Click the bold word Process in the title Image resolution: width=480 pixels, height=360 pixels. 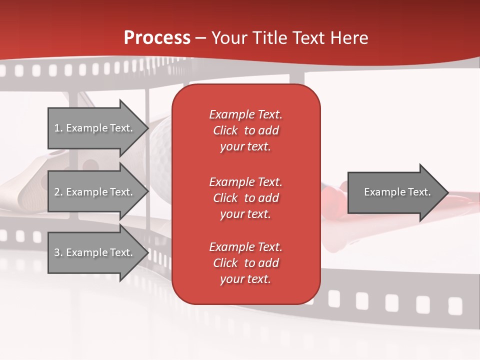[x=157, y=38]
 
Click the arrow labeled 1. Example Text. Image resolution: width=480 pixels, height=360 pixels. [x=95, y=128]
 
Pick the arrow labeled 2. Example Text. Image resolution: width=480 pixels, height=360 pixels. [x=95, y=192]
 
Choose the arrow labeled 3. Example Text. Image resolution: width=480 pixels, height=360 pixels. [x=95, y=252]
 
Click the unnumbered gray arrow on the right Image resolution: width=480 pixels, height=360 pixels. [x=395, y=192]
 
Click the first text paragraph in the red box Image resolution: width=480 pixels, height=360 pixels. [x=245, y=130]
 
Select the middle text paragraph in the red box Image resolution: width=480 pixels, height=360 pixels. [x=245, y=198]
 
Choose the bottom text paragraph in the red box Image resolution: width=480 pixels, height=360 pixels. [x=245, y=263]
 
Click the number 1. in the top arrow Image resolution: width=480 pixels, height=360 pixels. [x=58, y=128]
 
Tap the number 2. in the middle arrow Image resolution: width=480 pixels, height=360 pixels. [x=58, y=192]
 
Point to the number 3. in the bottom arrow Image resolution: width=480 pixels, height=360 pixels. [x=58, y=252]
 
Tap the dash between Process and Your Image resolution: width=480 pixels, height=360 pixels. [x=200, y=38]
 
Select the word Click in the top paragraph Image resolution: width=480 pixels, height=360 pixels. [x=225, y=130]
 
